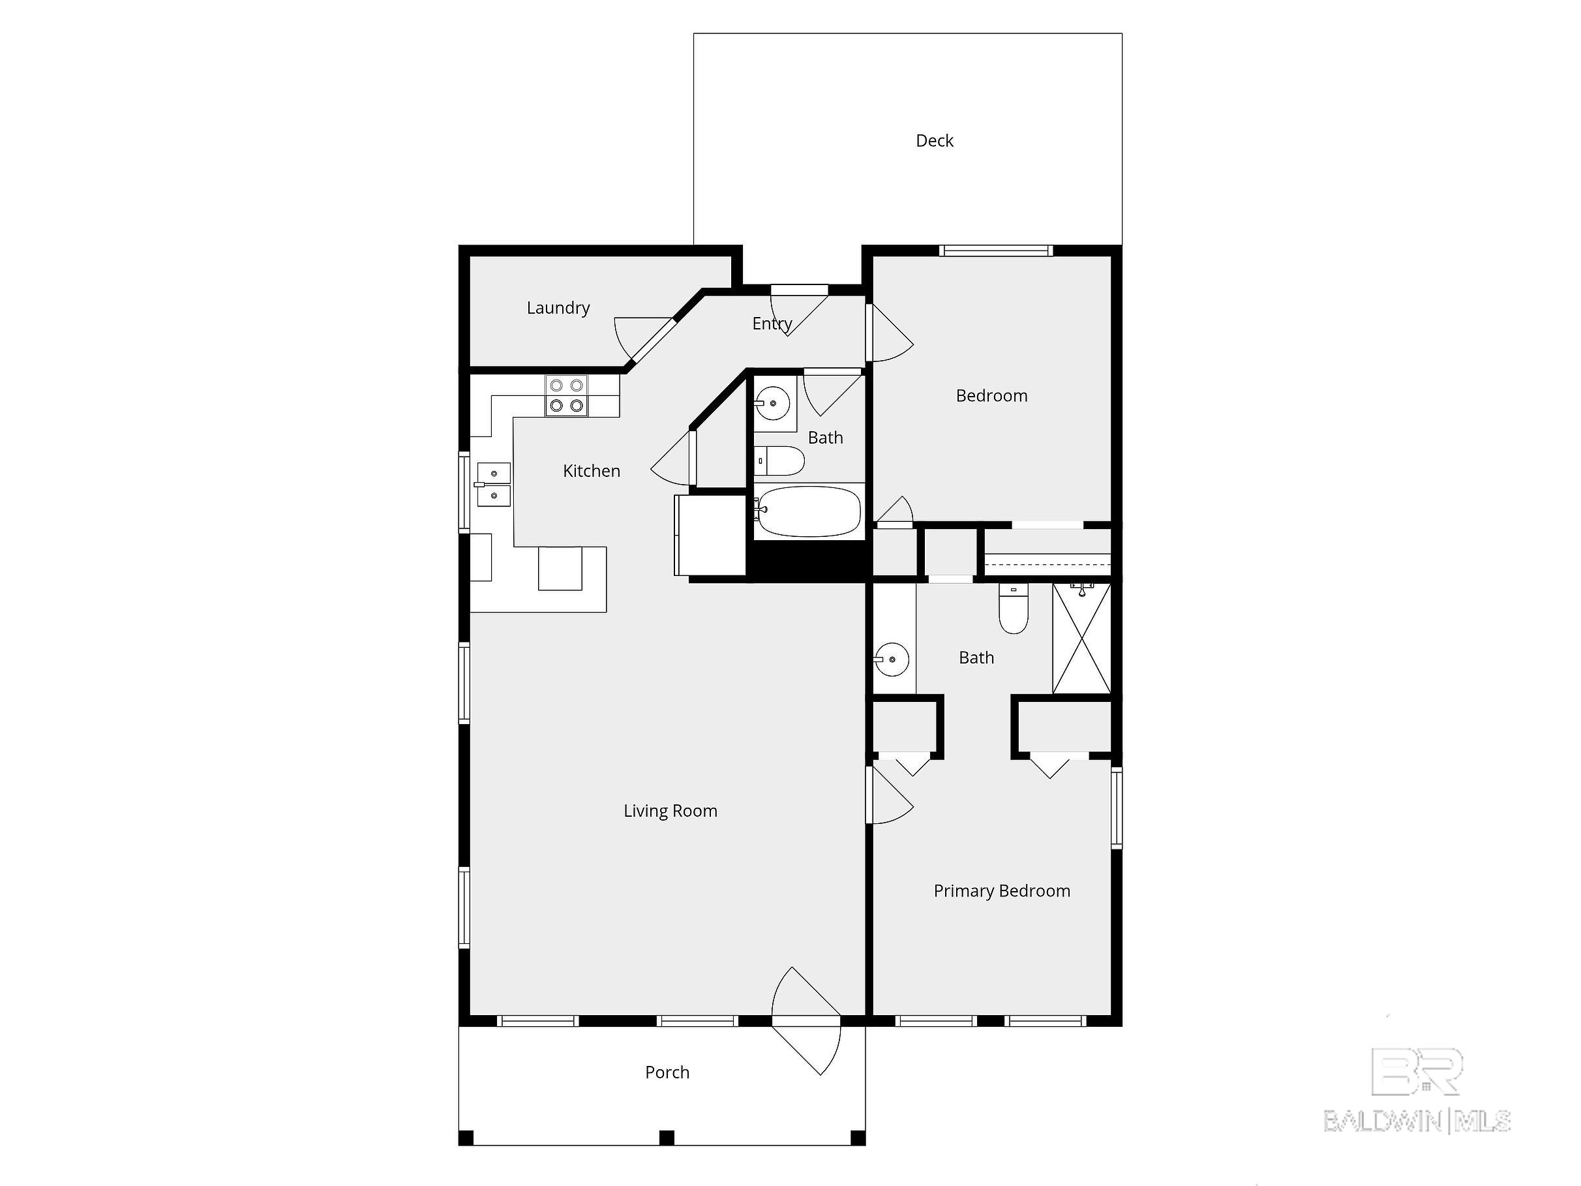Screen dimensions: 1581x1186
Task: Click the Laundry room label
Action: click(558, 308)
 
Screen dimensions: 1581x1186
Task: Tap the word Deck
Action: click(934, 141)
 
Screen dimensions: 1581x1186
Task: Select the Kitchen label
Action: click(591, 471)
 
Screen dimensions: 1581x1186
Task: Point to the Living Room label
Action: click(670, 811)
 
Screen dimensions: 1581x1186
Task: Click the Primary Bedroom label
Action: click(1001, 890)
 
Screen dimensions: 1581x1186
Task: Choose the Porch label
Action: click(667, 1072)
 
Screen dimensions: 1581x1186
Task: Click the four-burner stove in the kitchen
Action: click(567, 395)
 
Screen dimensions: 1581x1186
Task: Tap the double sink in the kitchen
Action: click(494, 484)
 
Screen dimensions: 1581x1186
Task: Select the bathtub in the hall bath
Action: click(808, 511)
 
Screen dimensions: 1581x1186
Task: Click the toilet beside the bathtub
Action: click(779, 461)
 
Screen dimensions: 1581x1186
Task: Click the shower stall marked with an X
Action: click(1081, 639)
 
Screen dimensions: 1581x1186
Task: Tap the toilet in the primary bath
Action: click(1014, 609)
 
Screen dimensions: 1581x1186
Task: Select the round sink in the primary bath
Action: click(892, 659)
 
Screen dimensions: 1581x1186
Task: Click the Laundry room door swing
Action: click(643, 340)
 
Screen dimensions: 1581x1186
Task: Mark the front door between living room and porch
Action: click(806, 1021)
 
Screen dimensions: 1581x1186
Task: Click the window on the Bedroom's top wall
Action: click(996, 251)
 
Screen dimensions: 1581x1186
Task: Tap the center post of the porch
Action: click(666, 1137)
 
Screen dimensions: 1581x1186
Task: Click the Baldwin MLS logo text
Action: click(1417, 1121)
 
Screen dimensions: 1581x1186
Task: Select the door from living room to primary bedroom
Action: click(889, 795)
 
